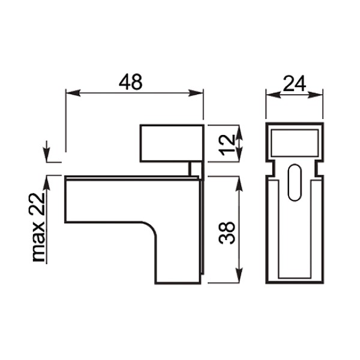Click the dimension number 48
coord(131,82)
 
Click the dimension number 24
coord(295,83)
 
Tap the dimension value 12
coord(227,145)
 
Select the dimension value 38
coord(227,232)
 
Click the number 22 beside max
coord(37,204)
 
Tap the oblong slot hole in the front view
coord(295,182)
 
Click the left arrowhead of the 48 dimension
coord(73,93)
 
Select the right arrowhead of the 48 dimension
coord(196,93)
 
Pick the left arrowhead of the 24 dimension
coord(273,95)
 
